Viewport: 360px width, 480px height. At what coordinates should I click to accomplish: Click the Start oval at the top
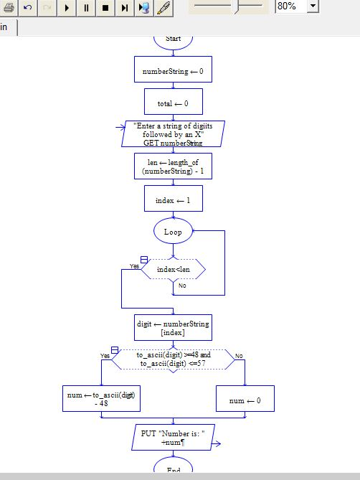pyautogui.click(x=173, y=40)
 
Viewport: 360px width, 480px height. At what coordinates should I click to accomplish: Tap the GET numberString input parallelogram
pyautogui.click(x=173, y=133)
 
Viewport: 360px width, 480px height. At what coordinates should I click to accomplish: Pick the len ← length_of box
pyautogui.click(x=173, y=166)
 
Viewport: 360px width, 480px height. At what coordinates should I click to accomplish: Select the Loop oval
pyautogui.click(x=173, y=231)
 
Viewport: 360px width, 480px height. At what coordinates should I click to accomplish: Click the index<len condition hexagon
pyautogui.click(x=173, y=269)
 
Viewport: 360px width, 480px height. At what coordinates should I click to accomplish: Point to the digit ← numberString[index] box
pyautogui.click(x=173, y=327)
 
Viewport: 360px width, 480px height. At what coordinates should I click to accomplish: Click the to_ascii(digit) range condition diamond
pyautogui.click(x=173, y=359)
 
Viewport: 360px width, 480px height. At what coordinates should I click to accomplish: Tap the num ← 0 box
pyautogui.click(x=245, y=399)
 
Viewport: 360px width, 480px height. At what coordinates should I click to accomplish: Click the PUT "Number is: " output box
pyautogui.click(x=173, y=437)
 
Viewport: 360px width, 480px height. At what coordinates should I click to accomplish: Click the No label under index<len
pyautogui.click(x=182, y=286)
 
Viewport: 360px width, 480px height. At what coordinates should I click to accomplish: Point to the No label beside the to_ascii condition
pyautogui.click(x=239, y=356)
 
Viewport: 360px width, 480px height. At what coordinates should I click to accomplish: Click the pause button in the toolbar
pyautogui.click(x=86, y=8)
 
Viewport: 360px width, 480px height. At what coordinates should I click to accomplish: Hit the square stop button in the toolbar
pyautogui.click(x=105, y=8)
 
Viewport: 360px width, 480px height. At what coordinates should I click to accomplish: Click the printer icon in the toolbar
pyautogui.click(x=9, y=8)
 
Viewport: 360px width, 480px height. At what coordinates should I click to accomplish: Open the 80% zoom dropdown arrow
pyautogui.click(x=313, y=6)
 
